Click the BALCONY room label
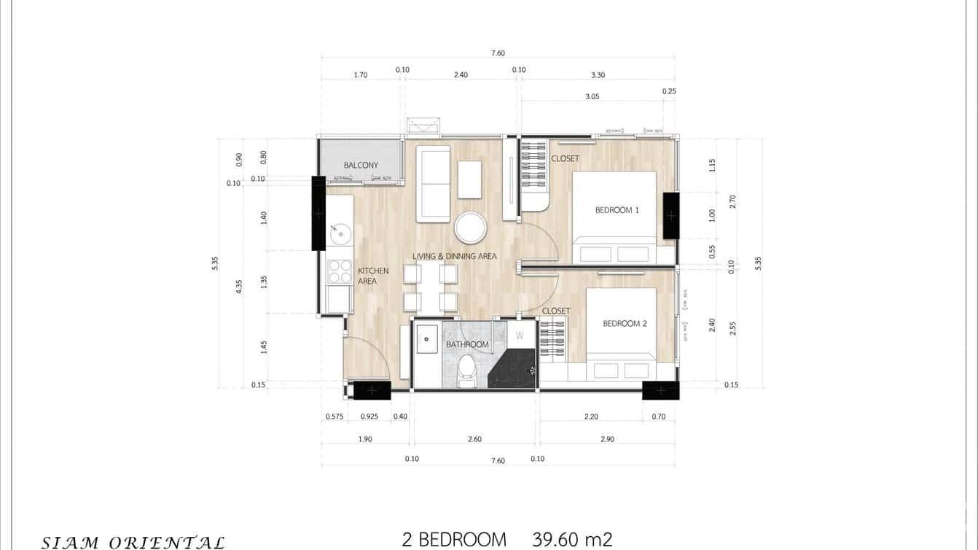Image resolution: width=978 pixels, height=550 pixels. pos(361,166)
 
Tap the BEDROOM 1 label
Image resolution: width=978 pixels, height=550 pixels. pos(617,210)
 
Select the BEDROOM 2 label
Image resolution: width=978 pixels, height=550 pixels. pos(625,323)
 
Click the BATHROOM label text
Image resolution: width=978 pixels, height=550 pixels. pos(467,344)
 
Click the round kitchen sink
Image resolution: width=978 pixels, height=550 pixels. pos(340,234)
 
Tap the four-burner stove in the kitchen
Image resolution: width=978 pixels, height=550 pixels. pos(340,271)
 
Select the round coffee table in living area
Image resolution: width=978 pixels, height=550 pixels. pos(470,228)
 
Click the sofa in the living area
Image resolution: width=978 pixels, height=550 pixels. pos(433,184)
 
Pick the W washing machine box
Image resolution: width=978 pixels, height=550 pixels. pos(520,336)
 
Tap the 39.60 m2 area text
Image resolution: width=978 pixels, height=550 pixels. pos(572,540)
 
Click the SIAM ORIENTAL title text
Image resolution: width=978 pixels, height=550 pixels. pos(133,542)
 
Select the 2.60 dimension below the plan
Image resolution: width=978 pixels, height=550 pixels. pos(474,439)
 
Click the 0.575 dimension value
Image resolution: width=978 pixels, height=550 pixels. pos(335,417)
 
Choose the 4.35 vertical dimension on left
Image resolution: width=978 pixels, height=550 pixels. pos(239,286)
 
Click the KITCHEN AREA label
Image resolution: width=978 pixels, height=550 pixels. pos(372,276)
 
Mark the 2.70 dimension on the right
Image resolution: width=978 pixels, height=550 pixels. pos(732,201)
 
